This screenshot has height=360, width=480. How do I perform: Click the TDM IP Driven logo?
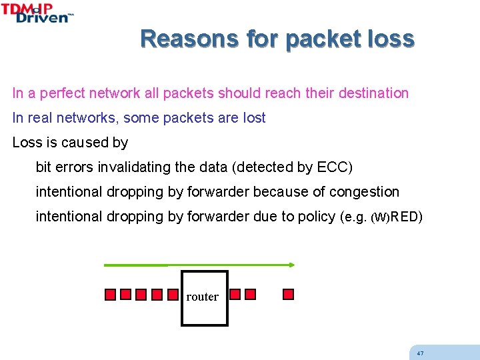point(37,13)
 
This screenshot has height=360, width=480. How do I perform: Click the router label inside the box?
point(203,297)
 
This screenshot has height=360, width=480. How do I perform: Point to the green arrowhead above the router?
point(291,265)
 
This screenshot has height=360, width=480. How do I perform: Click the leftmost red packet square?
point(111,295)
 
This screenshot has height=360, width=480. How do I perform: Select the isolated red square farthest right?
point(288,294)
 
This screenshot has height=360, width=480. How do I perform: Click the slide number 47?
point(419,353)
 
